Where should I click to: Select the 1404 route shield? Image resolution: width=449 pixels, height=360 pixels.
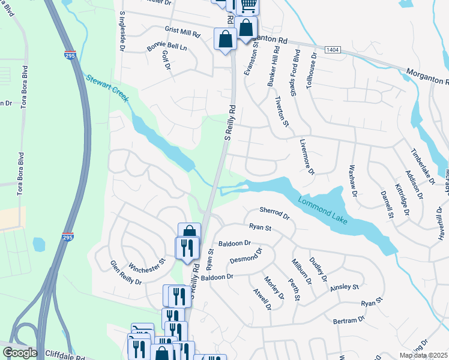[x=333, y=48]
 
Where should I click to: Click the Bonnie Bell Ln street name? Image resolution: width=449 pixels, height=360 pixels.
[x=167, y=47]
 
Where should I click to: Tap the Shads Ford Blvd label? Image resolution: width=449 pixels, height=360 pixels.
[x=296, y=69]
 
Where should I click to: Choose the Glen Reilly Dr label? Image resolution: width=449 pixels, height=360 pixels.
[x=125, y=273]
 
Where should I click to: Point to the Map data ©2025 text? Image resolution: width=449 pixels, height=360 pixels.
[x=423, y=355]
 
